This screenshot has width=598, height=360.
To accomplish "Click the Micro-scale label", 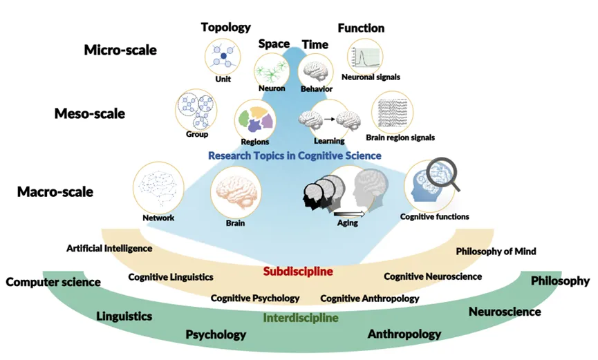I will coord(120,50).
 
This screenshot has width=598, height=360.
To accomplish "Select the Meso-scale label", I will coord(90,113).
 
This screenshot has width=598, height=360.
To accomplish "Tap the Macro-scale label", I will coord(55,191).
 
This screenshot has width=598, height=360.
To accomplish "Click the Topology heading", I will coord(225,28).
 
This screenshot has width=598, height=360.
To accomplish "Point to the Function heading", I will coord(361,28).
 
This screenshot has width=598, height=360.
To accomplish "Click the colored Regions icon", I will coord(255,118).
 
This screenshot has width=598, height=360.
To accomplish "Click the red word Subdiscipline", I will coord(298,272).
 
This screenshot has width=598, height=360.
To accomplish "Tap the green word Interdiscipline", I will coord(301,319).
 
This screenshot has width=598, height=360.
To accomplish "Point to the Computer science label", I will coord(53,282).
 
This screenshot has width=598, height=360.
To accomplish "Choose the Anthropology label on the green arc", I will coord(404,334).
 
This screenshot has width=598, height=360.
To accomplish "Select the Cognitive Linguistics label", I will coord(171,277).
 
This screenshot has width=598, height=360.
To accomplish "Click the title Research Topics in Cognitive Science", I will coord(295,155).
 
